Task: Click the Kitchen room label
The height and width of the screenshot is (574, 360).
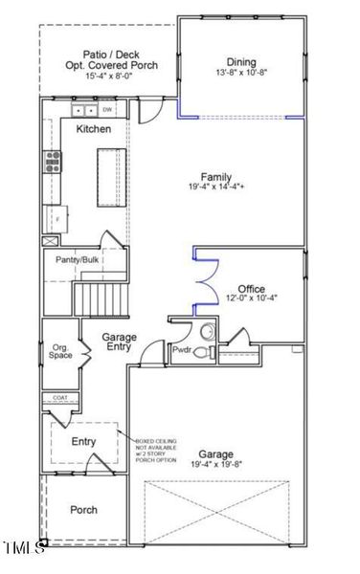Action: [x=94, y=130]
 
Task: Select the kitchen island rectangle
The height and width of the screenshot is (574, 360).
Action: [x=107, y=179]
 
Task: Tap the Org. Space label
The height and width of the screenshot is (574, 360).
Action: [x=61, y=351]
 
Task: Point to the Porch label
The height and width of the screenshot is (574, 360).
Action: [x=84, y=510]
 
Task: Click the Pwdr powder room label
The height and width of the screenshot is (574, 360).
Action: [x=182, y=352]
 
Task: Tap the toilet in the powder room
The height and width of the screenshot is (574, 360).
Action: [x=202, y=352]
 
